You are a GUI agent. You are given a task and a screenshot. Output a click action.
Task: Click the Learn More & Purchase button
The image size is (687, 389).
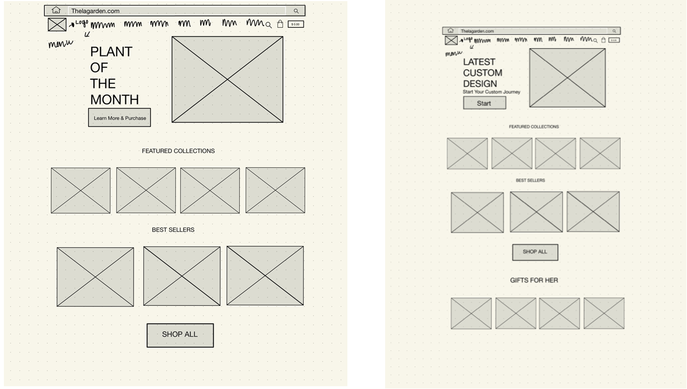pos(119,118)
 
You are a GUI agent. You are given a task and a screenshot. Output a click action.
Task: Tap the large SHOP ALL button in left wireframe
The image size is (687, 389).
pos(180,335)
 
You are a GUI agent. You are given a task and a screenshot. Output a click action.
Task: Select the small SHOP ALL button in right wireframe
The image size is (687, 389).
pos(535,252)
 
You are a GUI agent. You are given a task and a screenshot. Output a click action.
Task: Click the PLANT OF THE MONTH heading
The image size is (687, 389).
pos(114,75)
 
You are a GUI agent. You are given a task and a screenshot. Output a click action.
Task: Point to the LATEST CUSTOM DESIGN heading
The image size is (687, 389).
pos(483,73)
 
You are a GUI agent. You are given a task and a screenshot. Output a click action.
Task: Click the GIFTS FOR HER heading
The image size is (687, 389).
pos(534,280)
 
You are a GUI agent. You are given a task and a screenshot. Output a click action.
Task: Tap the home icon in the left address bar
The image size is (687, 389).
pos(56,11)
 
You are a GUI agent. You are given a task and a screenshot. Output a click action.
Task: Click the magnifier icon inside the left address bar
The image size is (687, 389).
pos(296,11)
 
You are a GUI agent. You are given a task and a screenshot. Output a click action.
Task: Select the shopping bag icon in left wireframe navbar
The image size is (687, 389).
pos(280,24)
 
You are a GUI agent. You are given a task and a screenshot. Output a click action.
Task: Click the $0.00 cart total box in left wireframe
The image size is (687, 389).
pos(296,24)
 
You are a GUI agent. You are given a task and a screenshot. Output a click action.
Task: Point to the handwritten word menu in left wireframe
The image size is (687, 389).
pos(60,43)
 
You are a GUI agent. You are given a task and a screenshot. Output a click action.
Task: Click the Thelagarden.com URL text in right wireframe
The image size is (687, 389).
pos(477,31)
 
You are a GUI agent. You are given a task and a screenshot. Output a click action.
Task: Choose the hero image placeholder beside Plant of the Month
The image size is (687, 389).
pos(228,79)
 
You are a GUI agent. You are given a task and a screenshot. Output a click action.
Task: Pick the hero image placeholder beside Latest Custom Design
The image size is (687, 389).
pos(567,78)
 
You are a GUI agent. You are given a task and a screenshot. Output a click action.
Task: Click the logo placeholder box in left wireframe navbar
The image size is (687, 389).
pos(57,24)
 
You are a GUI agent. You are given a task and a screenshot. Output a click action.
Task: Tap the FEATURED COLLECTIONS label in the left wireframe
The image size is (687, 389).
pos(178,151)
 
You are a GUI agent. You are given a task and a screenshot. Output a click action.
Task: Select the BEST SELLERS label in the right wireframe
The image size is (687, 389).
pos(531,181)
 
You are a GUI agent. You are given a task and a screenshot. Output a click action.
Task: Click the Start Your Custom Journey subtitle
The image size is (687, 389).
pos(492,92)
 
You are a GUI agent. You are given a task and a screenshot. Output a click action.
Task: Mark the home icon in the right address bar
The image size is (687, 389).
pos(451,31)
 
